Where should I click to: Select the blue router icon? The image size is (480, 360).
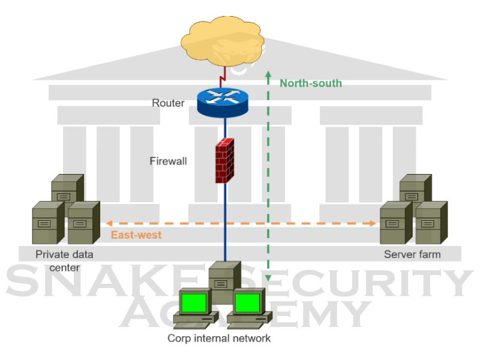point(222,100)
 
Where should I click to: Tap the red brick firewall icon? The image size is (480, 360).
point(224,160)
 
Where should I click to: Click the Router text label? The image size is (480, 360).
point(168,103)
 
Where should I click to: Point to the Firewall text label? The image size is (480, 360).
point(168,161)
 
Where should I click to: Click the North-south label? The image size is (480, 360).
point(310,83)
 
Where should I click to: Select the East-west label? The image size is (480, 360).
point(136,235)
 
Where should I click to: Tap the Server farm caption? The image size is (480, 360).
point(412,254)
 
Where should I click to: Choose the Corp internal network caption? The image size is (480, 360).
point(219,338)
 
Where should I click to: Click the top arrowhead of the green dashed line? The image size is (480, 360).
point(269,76)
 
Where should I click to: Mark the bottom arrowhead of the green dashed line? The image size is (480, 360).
point(269,278)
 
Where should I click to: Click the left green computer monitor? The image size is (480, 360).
point(194,302)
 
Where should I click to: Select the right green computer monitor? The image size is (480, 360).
point(248,302)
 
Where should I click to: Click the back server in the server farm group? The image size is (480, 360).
point(415,187)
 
